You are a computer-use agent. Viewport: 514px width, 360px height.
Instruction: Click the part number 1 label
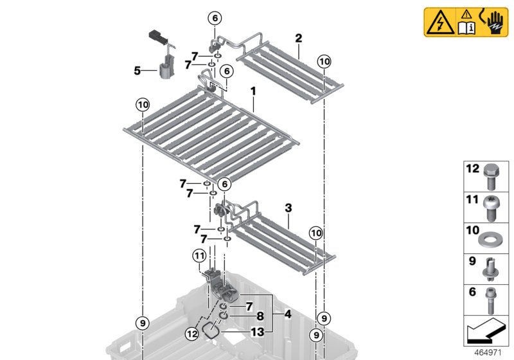point(254,93)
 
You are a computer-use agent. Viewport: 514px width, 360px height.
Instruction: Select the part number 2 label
point(298,39)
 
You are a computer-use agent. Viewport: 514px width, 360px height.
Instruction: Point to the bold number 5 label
point(137,70)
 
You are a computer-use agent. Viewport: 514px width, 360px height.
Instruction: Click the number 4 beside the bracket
point(287,315)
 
